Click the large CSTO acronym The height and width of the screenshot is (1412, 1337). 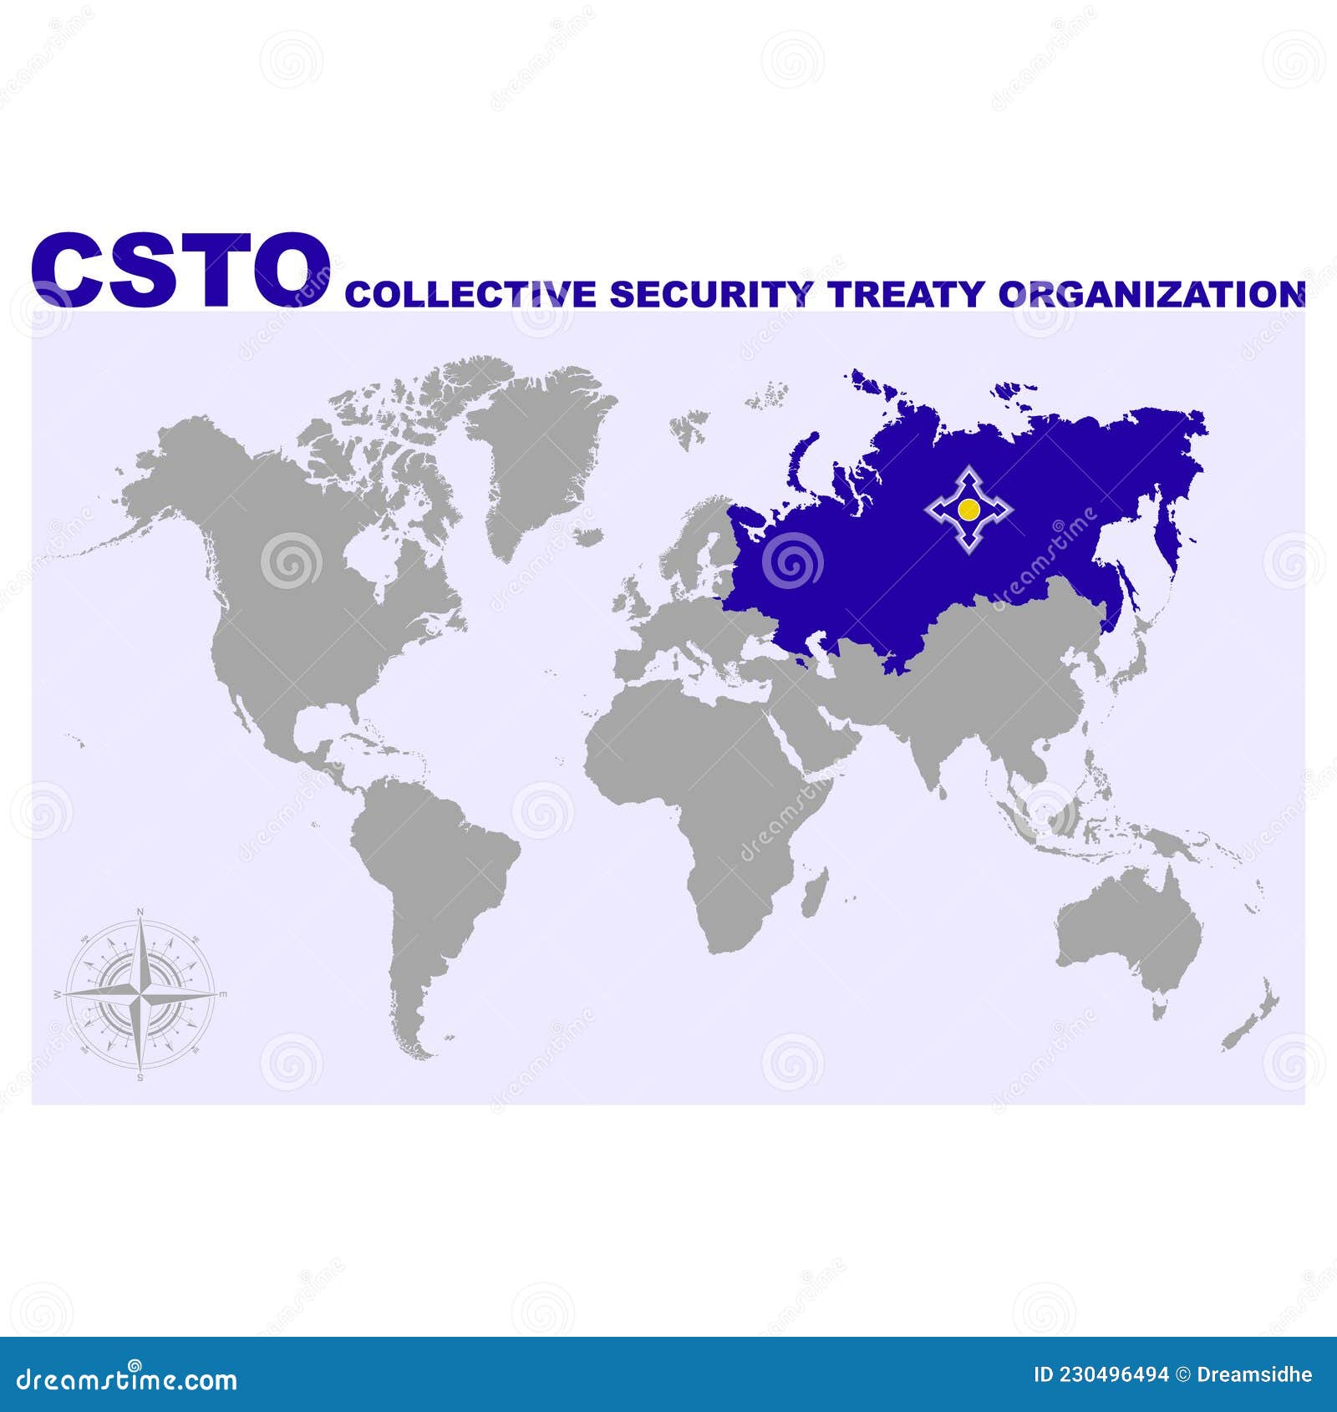[x=180, y=270]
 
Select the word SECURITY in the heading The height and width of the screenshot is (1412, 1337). [x=710, y=294]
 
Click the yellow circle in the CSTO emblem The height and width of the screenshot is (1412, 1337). [x=968, y=509]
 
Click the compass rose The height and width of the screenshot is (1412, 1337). [x=140, y=994]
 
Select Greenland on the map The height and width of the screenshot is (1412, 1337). [x=535, y=451]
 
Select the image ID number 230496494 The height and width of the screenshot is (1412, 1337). [x=1116, y=1375]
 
